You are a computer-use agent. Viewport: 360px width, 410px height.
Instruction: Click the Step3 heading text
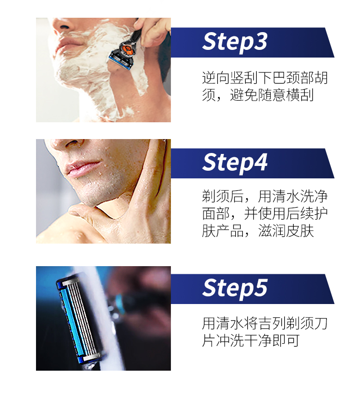tap(235, 42)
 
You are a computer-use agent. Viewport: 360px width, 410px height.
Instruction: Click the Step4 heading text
tap(235, 163)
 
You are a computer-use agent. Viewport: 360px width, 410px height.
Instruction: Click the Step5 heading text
tap(235, 288)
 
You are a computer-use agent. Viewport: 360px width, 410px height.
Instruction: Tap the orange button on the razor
tap(127, 48)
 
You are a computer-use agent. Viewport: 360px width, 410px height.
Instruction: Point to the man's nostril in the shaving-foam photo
tap(64, 27)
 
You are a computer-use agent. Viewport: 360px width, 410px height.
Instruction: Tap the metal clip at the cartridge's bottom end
tap(91, 357)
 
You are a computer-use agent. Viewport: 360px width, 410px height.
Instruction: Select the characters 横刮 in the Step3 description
tap(300, 95)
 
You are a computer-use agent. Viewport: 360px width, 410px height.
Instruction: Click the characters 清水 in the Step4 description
tap(286, 197)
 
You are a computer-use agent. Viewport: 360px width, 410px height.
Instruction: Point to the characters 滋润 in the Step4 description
tap(272, 231)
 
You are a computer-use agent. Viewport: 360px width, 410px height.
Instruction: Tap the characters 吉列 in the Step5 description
tap(272, 323)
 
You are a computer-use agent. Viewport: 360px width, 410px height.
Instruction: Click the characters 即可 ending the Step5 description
tap(286, 340)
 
